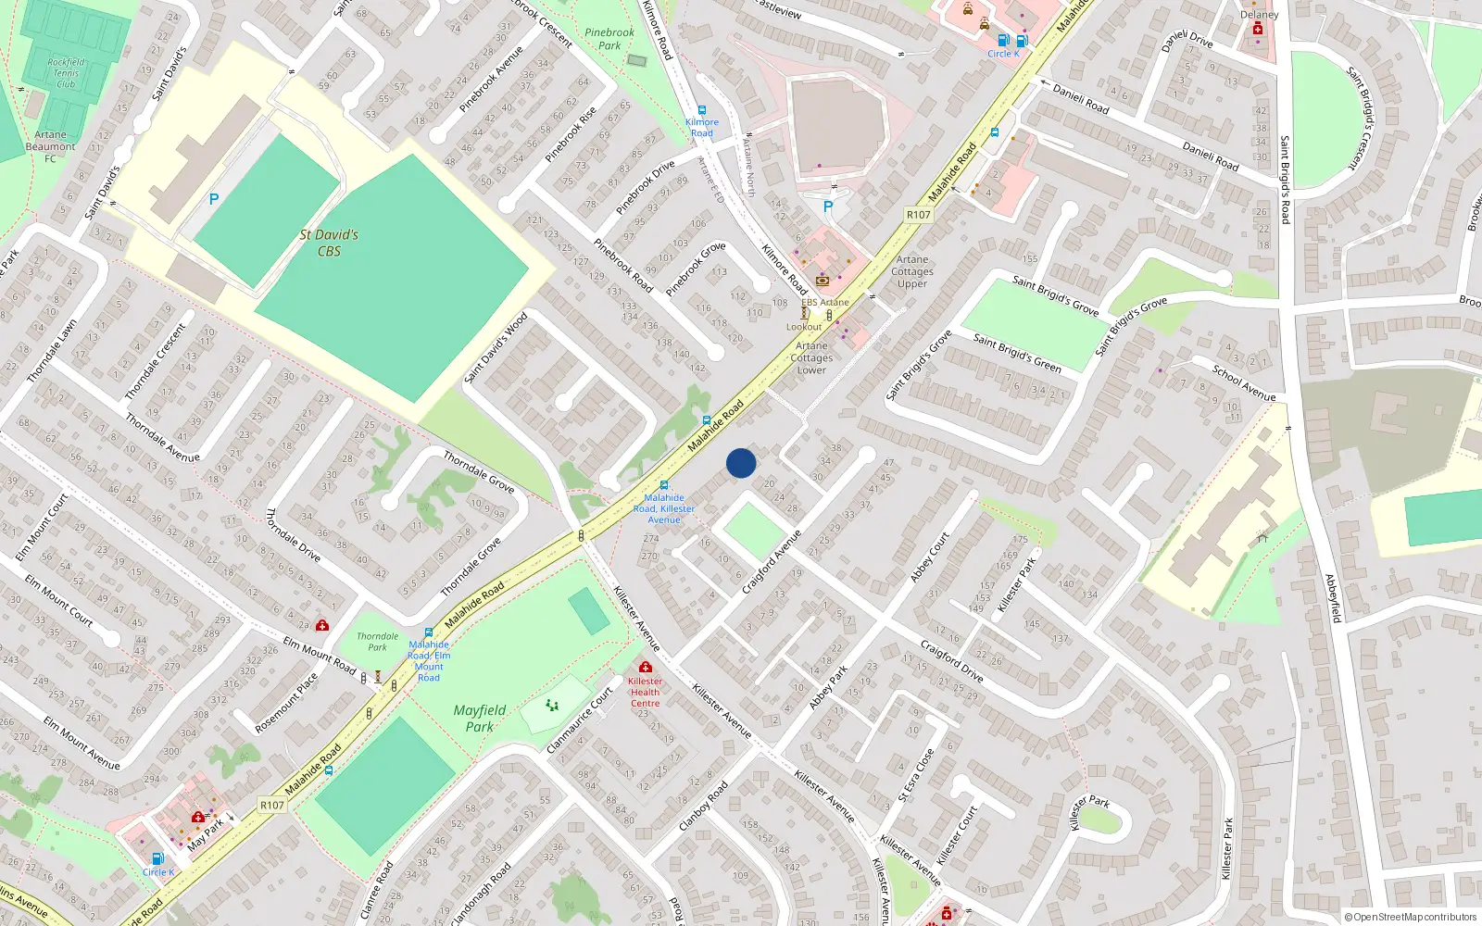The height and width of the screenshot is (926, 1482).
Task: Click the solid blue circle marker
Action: tap(741, 463)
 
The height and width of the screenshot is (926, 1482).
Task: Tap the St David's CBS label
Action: tap(329, 243)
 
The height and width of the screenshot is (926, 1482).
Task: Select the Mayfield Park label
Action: tap(480, 719)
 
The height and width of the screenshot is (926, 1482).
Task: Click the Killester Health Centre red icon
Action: tap(646, 667)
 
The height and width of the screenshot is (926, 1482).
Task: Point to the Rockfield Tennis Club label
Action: tap(66, 73)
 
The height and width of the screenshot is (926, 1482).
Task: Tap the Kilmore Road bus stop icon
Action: tap(701, 110)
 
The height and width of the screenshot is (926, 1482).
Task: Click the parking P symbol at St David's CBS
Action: tap(214, 199)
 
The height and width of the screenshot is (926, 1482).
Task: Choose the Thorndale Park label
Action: tap(378, 642)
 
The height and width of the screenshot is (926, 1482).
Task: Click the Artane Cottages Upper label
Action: tap(912, 271)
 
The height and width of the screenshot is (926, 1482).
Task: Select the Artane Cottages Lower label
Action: tap(811, 357)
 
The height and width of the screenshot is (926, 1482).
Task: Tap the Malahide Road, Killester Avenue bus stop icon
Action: tap(663, 485)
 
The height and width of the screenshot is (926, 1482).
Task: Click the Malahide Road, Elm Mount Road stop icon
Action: tap(428, 633)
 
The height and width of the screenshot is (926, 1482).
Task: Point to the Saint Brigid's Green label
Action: tap(1017, 353)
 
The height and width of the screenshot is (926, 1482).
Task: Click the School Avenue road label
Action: tap(1244, 383)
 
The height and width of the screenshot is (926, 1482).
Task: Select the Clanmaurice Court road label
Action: tap(581, 720)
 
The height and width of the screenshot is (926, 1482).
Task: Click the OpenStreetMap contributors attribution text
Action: tap(1410, 918)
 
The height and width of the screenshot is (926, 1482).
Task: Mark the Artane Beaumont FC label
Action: tap(51, 146)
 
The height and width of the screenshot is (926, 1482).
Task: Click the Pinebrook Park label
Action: tap(609, 39)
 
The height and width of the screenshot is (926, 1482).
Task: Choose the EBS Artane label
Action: tap(824, 302)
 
